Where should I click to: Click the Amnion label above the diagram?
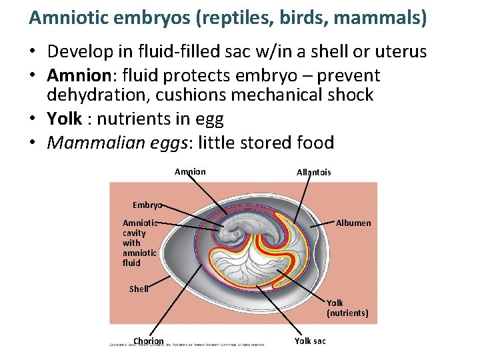pos(190,172)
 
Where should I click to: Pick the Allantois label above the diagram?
pos(313,173)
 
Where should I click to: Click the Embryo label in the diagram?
pos(147,205)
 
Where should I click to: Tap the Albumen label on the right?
pos(353,223)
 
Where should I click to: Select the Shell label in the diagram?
pos(139,289)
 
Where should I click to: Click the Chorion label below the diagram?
pos(148,341)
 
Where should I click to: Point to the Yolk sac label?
pos(310,341)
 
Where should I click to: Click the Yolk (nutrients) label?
pos(347,308)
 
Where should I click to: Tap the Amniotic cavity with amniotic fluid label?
pos(139,243)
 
